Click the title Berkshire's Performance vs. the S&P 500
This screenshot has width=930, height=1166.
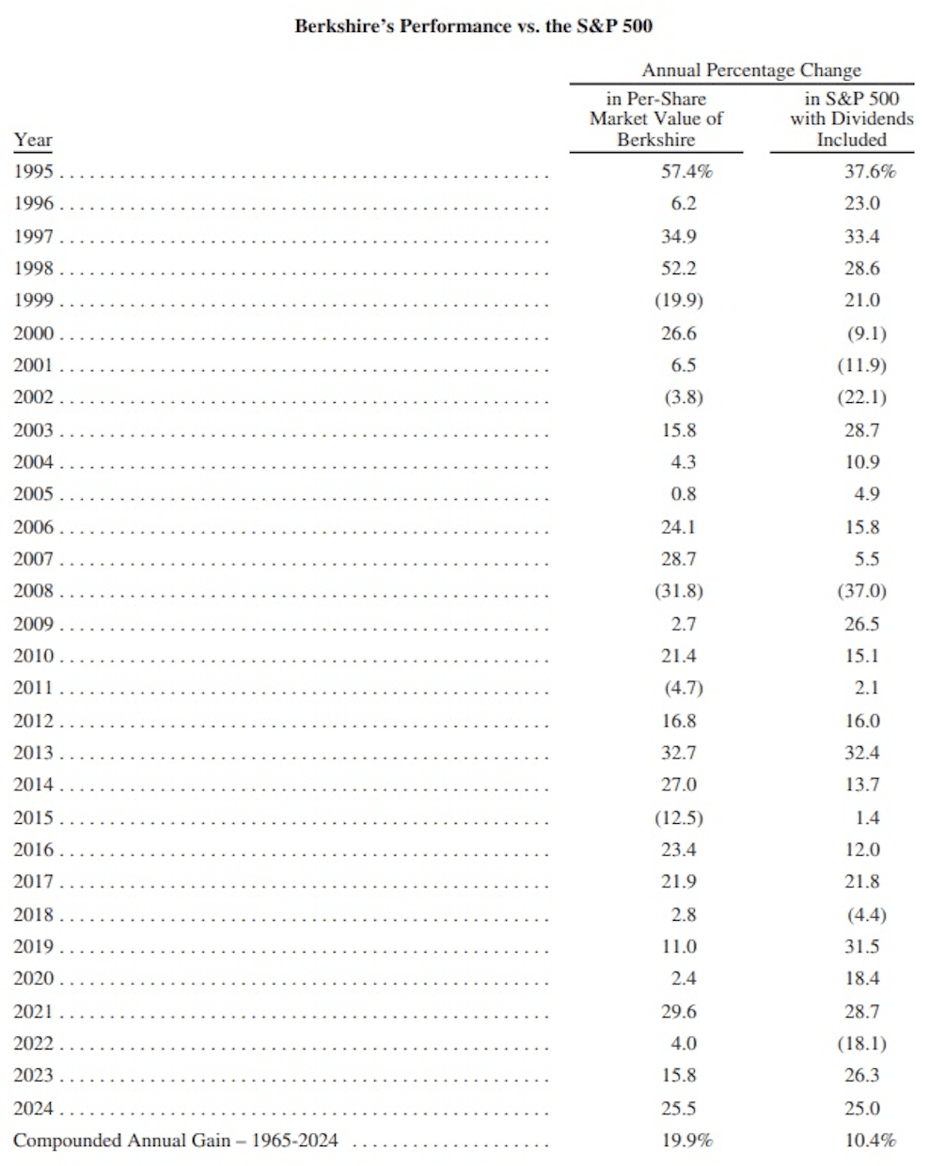click(x=473, y=26)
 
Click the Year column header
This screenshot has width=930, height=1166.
click(x=33, y=140)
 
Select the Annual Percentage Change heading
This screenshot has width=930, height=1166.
click(x=750, y=70)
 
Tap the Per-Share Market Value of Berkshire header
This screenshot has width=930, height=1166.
click(x=655, y=119)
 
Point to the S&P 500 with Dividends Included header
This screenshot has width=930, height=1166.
click(x=851, y=119)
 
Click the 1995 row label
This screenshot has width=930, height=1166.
click(x=34, y=172)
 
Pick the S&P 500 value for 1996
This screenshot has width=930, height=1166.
click(x=861, y=204)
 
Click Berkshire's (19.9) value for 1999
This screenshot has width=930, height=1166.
click(x=679, y=301)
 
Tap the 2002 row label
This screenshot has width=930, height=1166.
click(x=34, y=397)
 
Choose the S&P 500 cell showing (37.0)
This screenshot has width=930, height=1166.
click(x=861, y=591)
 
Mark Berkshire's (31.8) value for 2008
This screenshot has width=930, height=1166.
click(x=679, y=591)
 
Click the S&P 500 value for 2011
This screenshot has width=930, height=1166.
click(x=866, y=688)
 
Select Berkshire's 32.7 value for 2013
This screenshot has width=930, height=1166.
click(x=679, y=753)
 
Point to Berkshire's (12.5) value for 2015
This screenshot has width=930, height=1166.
click(x=679, y=817)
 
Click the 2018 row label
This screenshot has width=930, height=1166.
click(x=34, y=914)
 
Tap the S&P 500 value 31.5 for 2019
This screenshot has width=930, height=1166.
click(x=861, y=946)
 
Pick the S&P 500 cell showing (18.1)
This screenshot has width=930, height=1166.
click(x=861, y=1043)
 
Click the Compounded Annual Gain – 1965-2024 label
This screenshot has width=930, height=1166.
click(x=176, y=1141)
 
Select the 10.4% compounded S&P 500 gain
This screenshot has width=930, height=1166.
click(x=870, y=1141)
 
